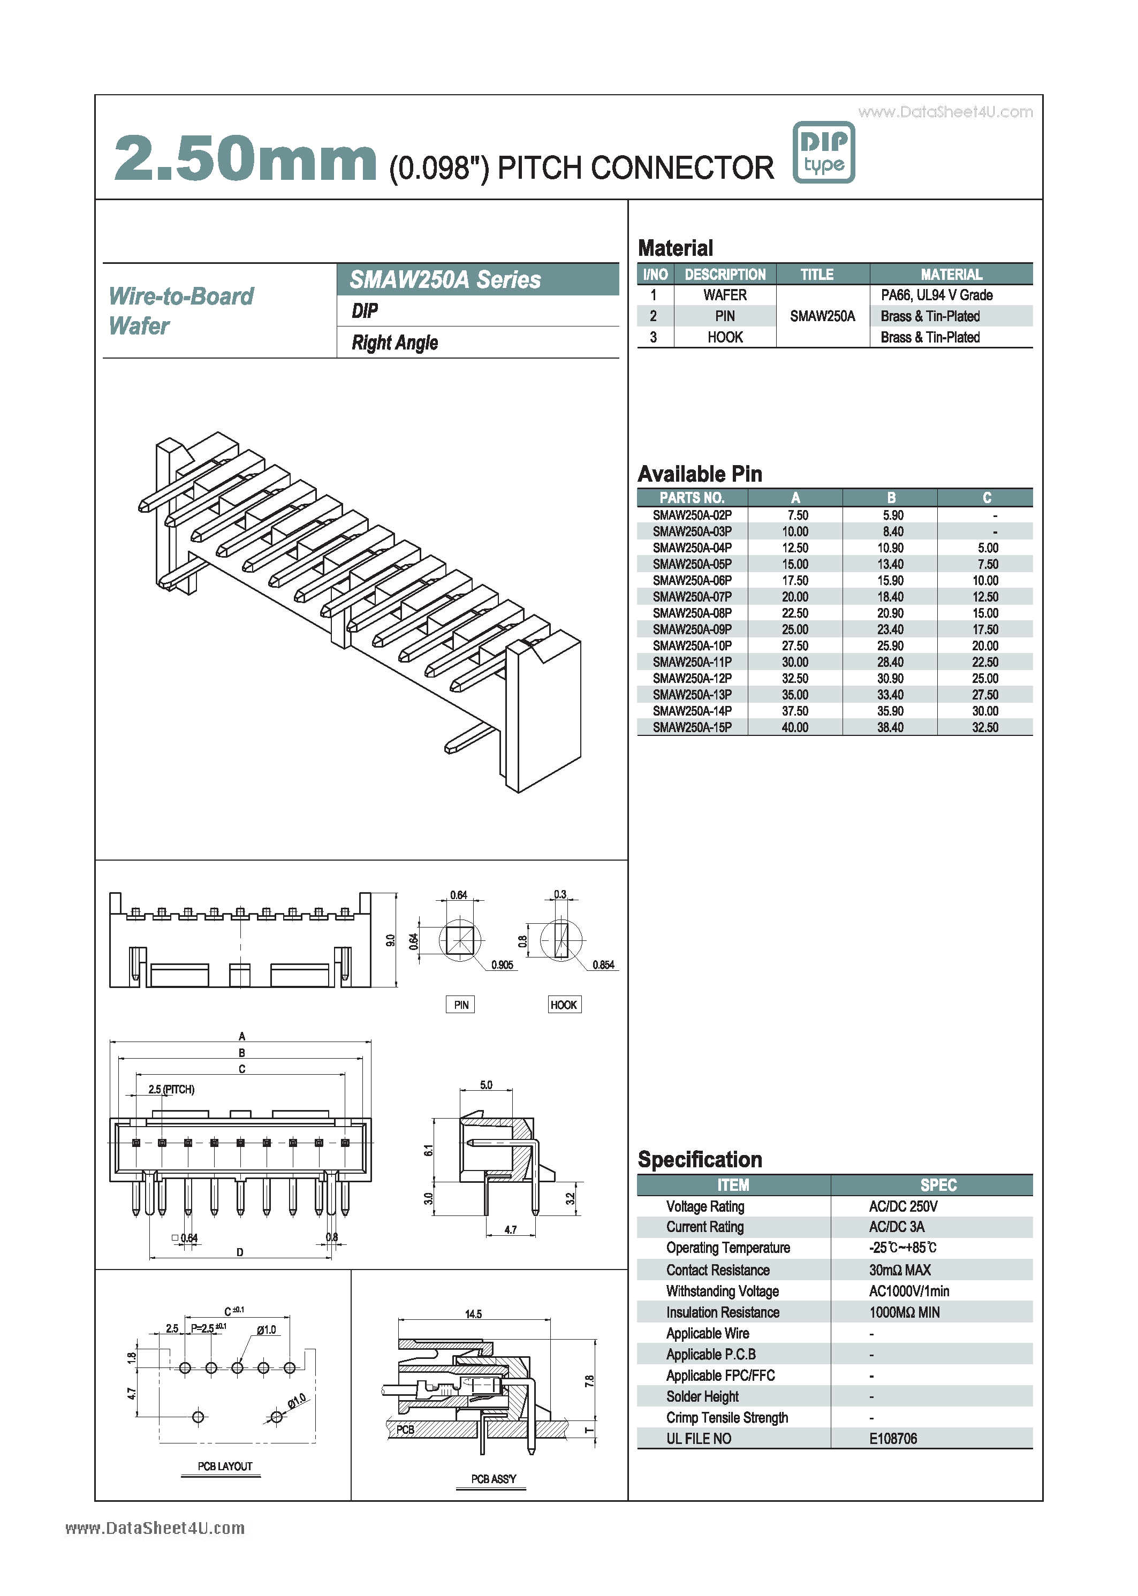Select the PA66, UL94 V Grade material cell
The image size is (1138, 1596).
pyautogui.click(x=936, y=295)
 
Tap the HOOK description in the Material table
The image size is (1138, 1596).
pyautogui.click(x=725, y=337)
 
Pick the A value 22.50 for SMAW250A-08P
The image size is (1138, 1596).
pyautogui.click(x=795, y=613)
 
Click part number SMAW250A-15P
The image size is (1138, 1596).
pyautogui.click(x=692, y=727)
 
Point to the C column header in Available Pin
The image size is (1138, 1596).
pyautogui.click(x=986, y=497)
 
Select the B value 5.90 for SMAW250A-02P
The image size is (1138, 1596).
pyautogui.click(x=892, y=515)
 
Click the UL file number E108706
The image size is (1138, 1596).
pyautogui.click(x=893, y=1438)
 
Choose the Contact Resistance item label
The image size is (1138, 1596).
pyautogui.click(x=718, y=1270)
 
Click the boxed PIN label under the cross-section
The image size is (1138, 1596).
pyautogui.click(x=460, y=1005)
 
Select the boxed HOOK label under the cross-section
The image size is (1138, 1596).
pyautogui.click(x=564, y=1005)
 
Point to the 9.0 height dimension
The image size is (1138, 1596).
pyautogui.click(x=390, y=940)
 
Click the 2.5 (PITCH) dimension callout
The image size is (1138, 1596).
pyautogui.click(x=171, y=1090)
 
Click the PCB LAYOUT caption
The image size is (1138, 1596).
pyautogui.click(x=224, y=1466)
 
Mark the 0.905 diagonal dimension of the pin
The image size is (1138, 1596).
pyautogui.click(x=502, y=965)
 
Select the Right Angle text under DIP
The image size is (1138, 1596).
pyautogui.click(x=394, y=343)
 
